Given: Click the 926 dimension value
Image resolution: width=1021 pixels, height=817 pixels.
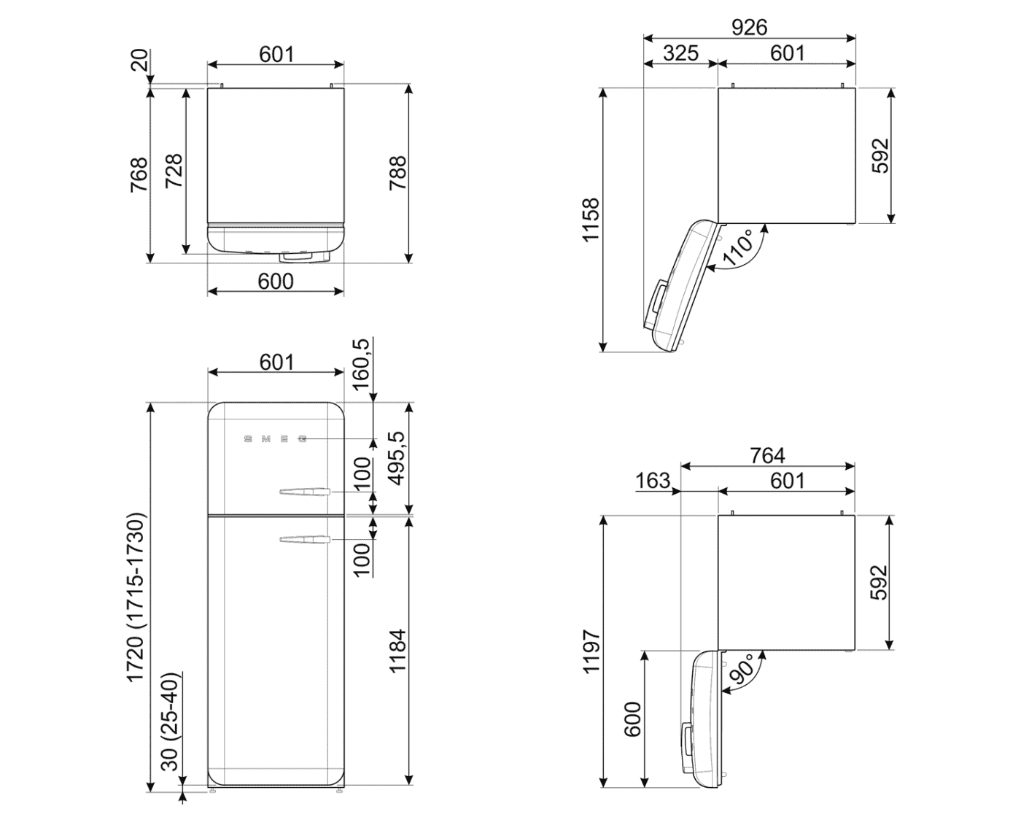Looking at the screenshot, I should click(x=749, y=27).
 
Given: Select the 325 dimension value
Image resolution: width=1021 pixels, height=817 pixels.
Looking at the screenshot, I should click(x=681, y=53).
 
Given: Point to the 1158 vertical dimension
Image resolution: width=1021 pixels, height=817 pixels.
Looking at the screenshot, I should click(x=590, y=220).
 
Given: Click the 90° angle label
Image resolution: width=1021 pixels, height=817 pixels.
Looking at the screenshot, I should click(x=742, y=670).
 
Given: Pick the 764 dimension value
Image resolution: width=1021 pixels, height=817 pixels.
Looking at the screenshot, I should click(x=767, y=455).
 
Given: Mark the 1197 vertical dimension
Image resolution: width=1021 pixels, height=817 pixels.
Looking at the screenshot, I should click(x=591, y=651).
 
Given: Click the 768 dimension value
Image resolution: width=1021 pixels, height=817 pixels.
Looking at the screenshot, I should click(x=139, y=174).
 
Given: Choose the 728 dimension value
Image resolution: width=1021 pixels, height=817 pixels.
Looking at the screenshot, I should click(x=174, y=171).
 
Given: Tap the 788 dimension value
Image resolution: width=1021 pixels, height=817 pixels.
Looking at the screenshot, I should click(x=398, y=173).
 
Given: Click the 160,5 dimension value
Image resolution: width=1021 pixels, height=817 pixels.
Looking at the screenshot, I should click(x=362, y=364).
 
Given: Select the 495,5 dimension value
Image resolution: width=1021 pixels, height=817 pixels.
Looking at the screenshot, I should click(x=397, y=457).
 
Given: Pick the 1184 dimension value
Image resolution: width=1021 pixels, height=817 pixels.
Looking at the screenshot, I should click(x=397, y=651).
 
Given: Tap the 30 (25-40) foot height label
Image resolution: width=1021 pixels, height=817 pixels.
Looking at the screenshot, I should click(x=170, y=722).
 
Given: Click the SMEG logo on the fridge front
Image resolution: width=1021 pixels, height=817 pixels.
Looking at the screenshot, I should click(x=275, y=439).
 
